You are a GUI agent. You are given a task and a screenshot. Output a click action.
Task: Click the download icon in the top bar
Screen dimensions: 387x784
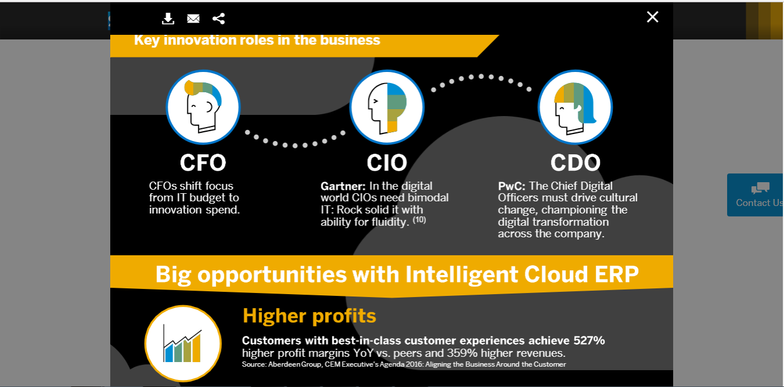coord(168,19)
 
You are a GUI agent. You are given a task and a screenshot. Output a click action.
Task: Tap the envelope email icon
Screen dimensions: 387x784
coord(193,19)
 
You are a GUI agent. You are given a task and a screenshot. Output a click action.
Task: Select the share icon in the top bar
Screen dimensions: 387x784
coord(218,19)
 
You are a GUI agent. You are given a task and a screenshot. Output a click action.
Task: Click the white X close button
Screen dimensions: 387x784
coord(652,17)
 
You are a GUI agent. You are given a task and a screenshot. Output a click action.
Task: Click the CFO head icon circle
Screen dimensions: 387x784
coord(203,107)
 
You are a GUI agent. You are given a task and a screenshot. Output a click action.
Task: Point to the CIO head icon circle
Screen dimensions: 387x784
coord(387,107)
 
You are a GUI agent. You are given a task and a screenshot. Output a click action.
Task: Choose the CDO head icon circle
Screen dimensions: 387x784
coord(575,107)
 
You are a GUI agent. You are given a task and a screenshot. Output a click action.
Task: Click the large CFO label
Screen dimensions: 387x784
coord(203,163)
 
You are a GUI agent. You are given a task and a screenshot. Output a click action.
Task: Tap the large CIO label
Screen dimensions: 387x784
coord(386,163)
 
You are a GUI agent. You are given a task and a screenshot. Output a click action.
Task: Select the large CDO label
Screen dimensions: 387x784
coord(575,163)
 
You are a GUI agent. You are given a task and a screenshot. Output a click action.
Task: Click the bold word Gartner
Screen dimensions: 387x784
coord(343,186)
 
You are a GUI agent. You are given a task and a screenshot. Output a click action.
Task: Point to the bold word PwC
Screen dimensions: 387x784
coord(511,186)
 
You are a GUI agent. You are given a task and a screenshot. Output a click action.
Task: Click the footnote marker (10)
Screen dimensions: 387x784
coord(420,220)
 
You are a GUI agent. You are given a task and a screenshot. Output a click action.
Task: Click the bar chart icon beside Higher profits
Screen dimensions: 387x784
coord(183,343)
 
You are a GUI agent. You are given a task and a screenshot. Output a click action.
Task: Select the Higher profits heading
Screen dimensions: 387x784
coord(309,316)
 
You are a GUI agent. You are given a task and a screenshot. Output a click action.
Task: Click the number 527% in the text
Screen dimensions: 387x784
coord(589,341)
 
